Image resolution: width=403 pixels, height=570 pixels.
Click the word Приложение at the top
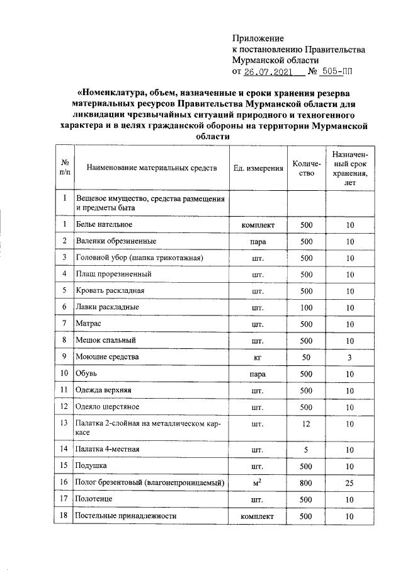point(258,38)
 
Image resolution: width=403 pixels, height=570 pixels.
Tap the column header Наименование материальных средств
point(152,168)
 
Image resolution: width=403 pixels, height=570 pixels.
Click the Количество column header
point(306,168)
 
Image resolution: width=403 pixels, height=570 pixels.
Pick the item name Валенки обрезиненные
point(116,241)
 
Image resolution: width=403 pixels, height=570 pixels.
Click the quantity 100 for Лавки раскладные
point(306,307)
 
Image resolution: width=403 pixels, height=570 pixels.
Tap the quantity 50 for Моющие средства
point(306,357)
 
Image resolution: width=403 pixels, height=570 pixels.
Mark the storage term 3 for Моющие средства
point(350,357)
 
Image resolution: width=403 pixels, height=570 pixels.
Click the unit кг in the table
point(257,357)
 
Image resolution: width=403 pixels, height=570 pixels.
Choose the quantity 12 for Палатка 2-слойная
point(306,424)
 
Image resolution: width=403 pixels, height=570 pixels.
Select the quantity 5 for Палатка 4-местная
point(306,450)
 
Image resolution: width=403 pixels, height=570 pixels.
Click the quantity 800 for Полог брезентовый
point(306,483)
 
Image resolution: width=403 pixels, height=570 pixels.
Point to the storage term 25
point(350,483)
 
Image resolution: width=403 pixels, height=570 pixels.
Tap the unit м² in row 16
point(257,482)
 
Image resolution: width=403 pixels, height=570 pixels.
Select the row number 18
point(64,516)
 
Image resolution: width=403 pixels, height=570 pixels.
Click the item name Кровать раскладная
point(110,291)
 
